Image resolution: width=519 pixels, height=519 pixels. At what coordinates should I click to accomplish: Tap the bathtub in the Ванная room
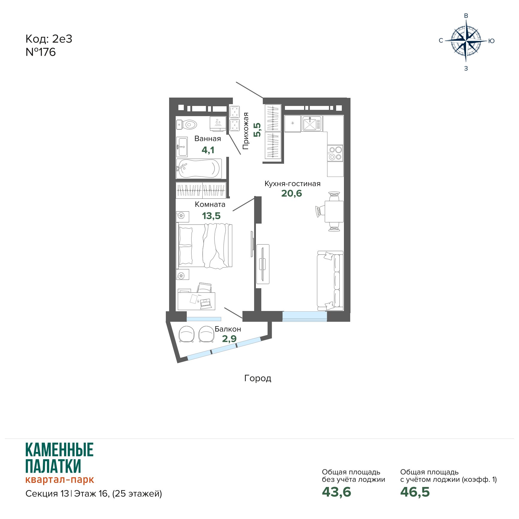pos(199,169)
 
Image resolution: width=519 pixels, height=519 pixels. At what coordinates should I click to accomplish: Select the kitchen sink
pos(312,124)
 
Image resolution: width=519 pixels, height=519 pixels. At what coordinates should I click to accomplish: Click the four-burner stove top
pos(335,153)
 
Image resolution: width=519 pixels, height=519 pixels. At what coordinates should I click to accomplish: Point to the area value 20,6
pos(292,193)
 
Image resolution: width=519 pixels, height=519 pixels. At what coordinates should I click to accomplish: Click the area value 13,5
pos(211,216)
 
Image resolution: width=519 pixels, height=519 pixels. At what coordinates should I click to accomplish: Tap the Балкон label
pos(228,329)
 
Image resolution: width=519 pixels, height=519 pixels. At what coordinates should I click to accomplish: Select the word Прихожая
pos(246,131)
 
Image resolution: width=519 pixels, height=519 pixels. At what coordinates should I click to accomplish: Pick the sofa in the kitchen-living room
pos(330,281)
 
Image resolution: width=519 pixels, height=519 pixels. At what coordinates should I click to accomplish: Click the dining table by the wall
pos(334,211)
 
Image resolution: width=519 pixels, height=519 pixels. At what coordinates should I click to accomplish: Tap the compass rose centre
pos(466,40)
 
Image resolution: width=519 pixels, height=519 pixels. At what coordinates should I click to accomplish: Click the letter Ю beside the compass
pos(491,41)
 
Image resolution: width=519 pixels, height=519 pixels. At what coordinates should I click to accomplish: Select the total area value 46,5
pos(415,492)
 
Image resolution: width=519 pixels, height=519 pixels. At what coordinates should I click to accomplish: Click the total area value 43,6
pos(336,492)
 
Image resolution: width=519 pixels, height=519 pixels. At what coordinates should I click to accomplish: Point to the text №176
pos(41,52)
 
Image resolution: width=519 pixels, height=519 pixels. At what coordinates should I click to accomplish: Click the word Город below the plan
pos(258,378)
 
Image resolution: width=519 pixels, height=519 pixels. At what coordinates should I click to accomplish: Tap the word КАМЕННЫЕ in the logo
pos(60,450)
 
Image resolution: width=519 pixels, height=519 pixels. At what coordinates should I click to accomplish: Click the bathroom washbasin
pos(182,147)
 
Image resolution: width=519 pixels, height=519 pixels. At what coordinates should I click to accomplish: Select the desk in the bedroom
pos(196,301)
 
